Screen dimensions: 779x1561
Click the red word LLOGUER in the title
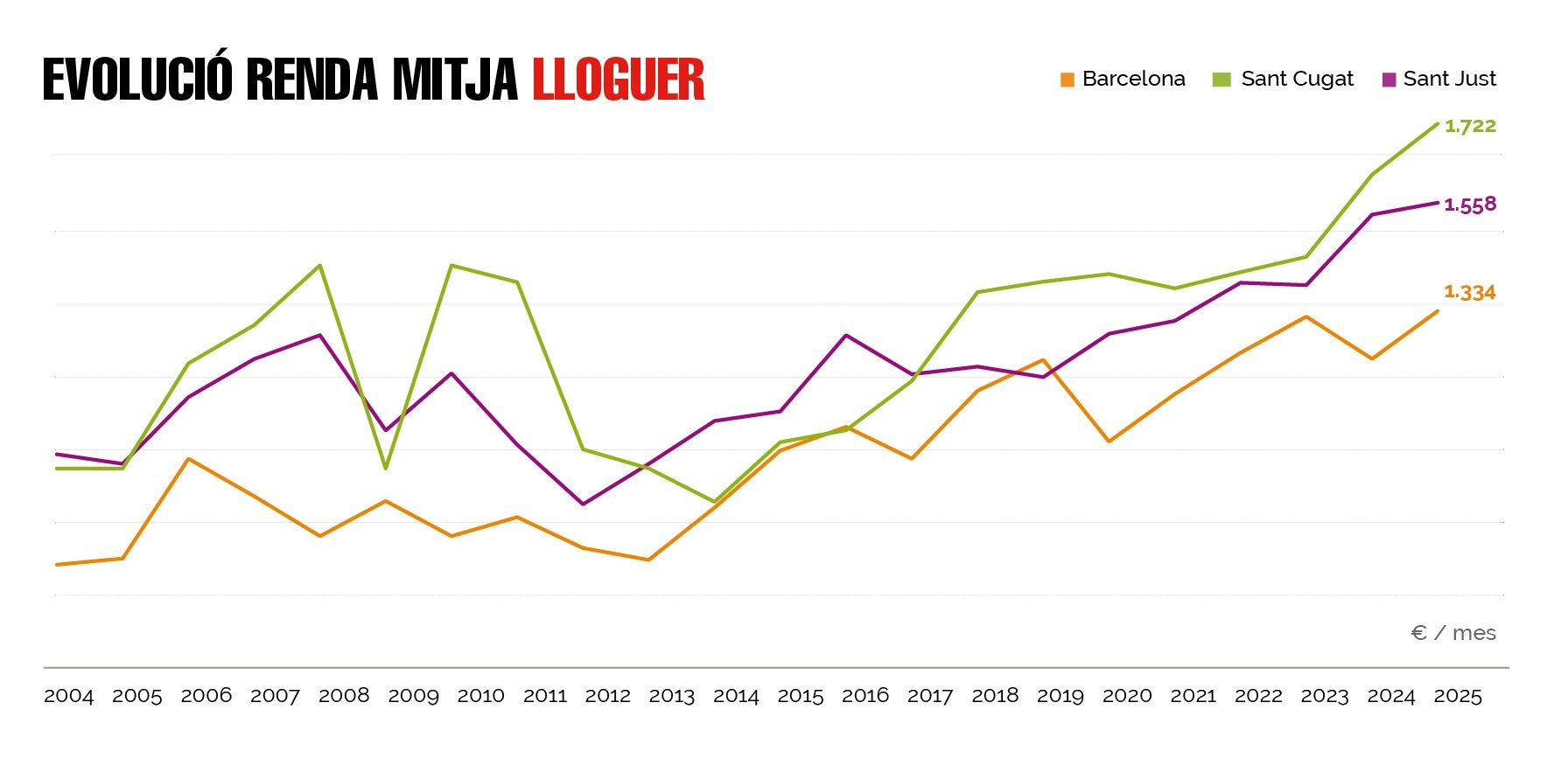(618, 80)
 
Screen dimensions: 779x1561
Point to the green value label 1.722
(1470, 126)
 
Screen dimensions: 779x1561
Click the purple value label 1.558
(1470, 205)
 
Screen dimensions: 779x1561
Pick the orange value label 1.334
(1470, 293)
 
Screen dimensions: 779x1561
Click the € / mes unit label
(1453, 633)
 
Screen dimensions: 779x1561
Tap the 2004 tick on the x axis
(68, 696)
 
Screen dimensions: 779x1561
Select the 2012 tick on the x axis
(607, 696)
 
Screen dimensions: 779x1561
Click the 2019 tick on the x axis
(1060, 696)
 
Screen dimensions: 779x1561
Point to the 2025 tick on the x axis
(1458, 696)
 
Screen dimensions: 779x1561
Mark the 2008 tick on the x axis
(344, 696)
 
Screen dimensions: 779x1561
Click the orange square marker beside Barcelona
(1067, 80)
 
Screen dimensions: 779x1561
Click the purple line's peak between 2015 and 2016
(845, 335)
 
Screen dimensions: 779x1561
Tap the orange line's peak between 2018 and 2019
(1043, 360)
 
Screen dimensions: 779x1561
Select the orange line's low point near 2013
(648, 560)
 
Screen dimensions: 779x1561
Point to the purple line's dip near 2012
(583, 504)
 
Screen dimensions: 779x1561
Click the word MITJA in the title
(455, 80)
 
